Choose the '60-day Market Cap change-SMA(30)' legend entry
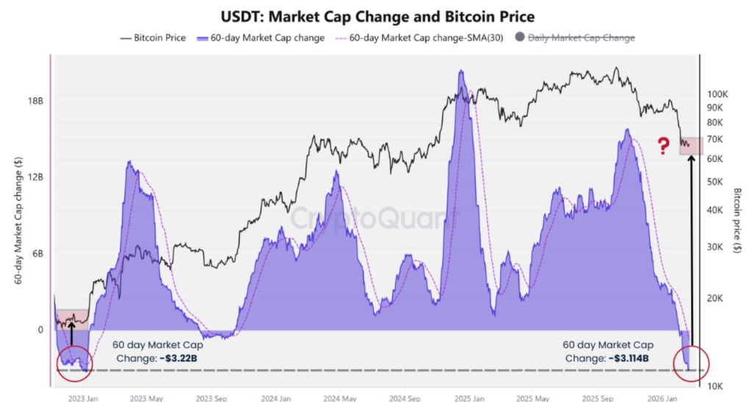(415, 38)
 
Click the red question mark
(663, 144)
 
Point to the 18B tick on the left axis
(34, 101)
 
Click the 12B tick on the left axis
(34, 177)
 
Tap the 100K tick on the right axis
(717, 95)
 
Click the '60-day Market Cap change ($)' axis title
(17, 221)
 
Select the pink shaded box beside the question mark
(690, 146)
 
